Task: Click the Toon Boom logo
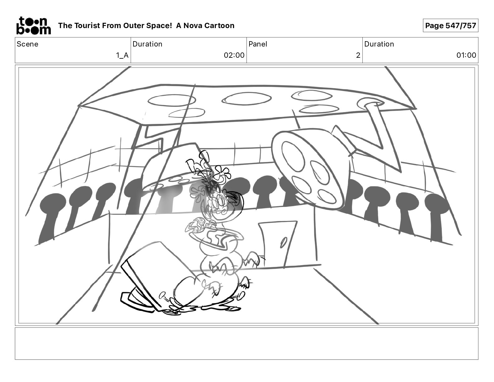click(34, 26)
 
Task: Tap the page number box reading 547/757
click(450, 26)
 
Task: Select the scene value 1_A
click(122, 55)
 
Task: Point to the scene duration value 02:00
click(234, 55)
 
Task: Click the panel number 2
click(358, 55)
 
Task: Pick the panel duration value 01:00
click(466, 55)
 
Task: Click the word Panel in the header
click(258, 44)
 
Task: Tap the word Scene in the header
click(27, 44)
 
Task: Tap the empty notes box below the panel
click(247, 344)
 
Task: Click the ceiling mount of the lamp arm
click(370, 103)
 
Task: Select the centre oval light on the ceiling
click(246, 99)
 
